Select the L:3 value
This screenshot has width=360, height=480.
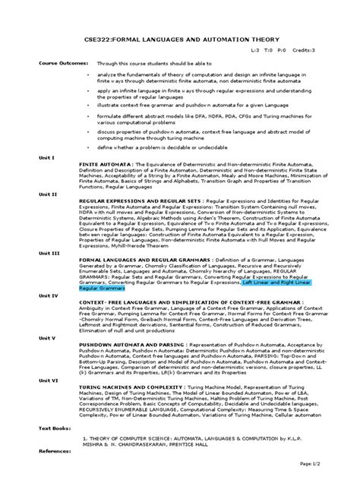pos(255,49)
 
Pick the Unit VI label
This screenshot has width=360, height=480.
pos(28,384)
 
